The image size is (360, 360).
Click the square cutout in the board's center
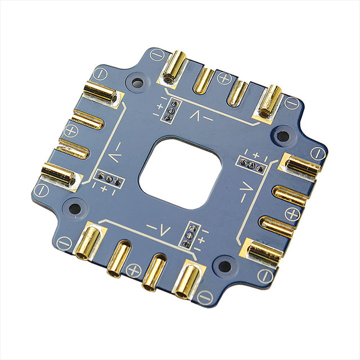(180, 173)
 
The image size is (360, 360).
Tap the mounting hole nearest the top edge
(137, 82)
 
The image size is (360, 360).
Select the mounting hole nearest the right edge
(283, 136)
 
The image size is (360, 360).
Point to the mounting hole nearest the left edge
(74, 209)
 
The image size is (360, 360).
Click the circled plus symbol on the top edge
(224, 78)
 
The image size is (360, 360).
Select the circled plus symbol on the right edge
(292, 214)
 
